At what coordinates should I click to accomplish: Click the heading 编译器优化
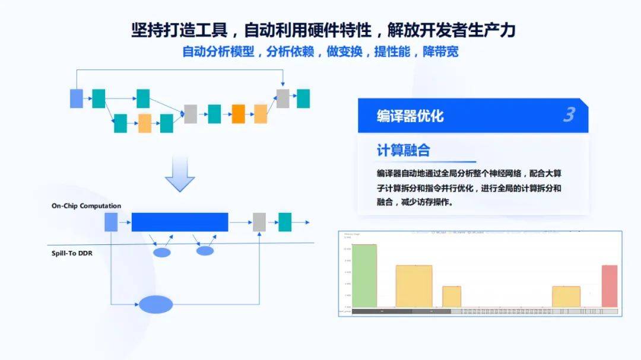tap(410, 116)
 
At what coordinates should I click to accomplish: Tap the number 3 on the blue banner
tap(569, 114)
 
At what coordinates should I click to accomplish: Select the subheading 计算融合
tap(403, 150)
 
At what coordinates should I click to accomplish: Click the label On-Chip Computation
tap(86, 206)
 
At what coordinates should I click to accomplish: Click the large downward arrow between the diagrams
tap(180, 174)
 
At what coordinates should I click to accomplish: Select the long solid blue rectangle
tap(180, 222)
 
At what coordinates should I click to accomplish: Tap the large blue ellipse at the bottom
tap(156, 304)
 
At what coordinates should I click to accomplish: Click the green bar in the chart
tap(364, 276)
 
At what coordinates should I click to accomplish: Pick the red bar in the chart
tap(610, 286)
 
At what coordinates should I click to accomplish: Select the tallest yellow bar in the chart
tap(414, 286)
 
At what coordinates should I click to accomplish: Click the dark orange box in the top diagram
tap(239, 113)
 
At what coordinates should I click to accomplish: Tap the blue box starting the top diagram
tap(77, 98)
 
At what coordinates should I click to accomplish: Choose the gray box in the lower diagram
tap(259, 222)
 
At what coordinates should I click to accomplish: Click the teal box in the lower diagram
tap(285, 222)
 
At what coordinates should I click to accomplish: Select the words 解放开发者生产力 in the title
tap(451, 29)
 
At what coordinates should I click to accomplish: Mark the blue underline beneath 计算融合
tap(426, 162)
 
